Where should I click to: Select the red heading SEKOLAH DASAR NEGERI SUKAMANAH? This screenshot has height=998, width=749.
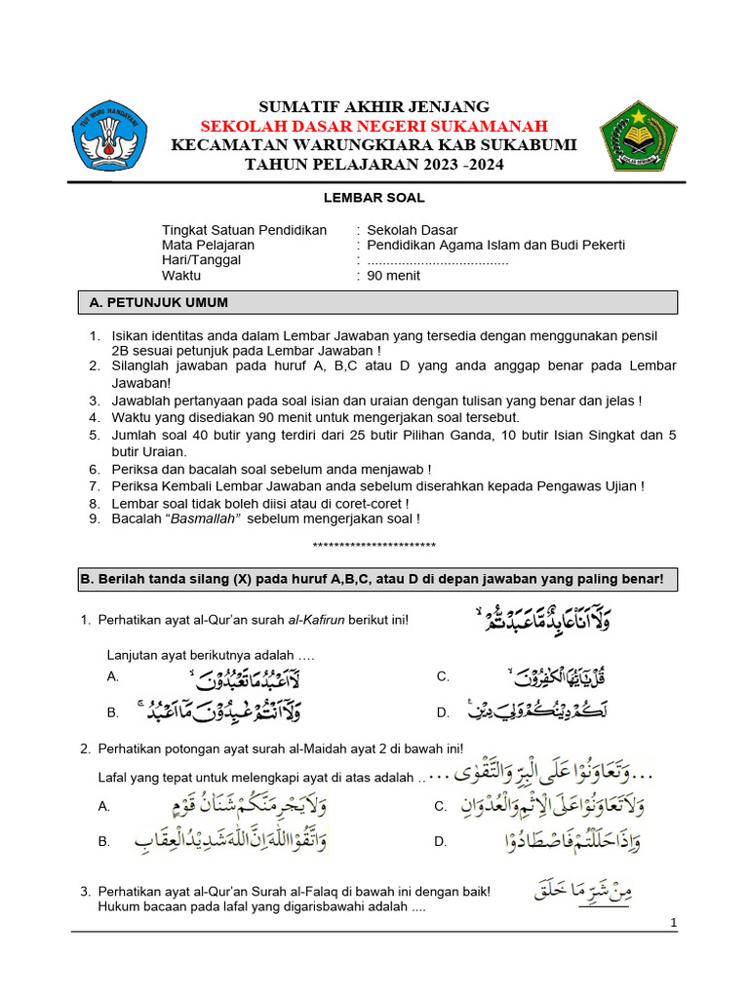pos(374,126)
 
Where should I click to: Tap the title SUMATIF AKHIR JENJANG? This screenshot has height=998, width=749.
pos(374,106)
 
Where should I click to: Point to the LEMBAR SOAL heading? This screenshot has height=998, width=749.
pos(374,198)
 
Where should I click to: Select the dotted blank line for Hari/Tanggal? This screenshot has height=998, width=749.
pos(438,261)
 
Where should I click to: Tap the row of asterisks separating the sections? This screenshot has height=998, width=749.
pos(374,545)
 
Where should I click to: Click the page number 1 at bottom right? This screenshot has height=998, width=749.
pos(674,923)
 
